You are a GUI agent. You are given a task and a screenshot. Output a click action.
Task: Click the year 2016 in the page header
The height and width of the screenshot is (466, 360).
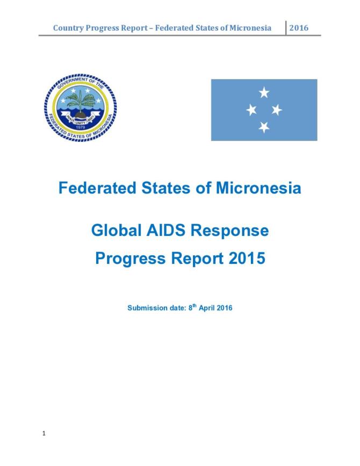click(299, 28)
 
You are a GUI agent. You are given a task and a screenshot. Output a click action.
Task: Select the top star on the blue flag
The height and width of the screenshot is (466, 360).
click(264, 93)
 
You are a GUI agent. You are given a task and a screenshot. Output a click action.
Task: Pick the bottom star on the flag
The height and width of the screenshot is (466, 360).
click(264, 127)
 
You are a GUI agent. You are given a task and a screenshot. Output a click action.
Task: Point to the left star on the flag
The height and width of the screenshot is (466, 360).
click(251, 110)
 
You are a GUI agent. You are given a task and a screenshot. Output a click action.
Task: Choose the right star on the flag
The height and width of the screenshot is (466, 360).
click(277, 110)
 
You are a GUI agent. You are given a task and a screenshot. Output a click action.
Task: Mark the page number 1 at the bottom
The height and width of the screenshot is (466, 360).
click(43, 433)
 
